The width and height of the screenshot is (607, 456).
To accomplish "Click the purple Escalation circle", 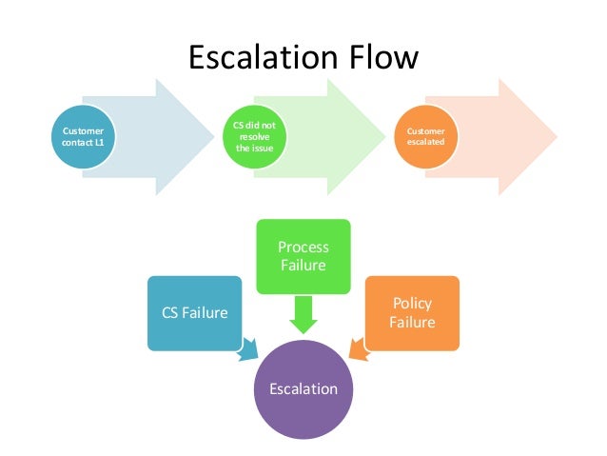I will click(x=303, y=389).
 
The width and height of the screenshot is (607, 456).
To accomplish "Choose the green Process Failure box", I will click(x=303, y=255).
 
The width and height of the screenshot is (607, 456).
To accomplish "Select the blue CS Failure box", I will click(x=194, y=311).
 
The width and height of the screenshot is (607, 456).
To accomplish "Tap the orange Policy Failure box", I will click(x=412, y=311).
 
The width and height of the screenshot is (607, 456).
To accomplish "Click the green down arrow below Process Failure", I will click(x=303, y=314).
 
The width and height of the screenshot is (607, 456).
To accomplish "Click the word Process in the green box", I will click(x=303, y=247).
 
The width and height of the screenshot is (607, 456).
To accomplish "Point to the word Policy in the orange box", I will click(x=412, y=303).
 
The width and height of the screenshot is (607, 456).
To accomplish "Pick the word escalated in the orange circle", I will click(x=426, y=142).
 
